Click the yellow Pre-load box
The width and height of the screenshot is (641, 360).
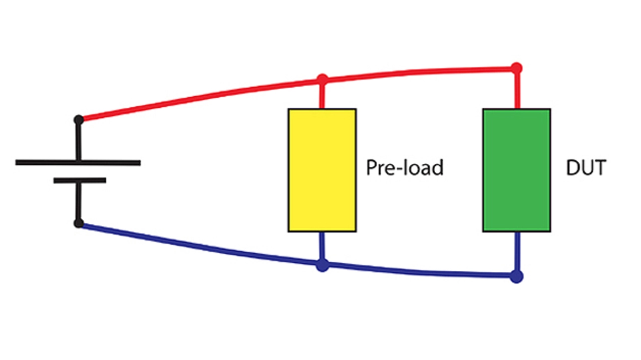coord(322,170)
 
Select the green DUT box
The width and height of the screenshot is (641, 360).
coord(516,170)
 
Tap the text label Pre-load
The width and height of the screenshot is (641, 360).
coord(405,168)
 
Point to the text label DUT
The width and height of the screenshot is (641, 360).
coord(585,168)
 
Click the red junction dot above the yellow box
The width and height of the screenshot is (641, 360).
coord(323,80)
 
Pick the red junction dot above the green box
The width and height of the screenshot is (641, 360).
coord(516,68)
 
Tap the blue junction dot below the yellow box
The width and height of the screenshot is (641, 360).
coord(323,265)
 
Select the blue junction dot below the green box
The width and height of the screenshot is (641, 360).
coord(516,276)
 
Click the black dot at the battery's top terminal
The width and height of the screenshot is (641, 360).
coord(79,120)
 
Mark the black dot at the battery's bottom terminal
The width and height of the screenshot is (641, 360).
coord(79,223)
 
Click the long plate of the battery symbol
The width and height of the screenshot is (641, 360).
coord(78,162)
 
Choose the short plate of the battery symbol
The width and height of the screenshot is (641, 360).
coord(80,180)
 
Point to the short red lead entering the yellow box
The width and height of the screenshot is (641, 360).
coord(323,96)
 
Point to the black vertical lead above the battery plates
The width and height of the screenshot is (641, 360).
coord(78,141)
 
